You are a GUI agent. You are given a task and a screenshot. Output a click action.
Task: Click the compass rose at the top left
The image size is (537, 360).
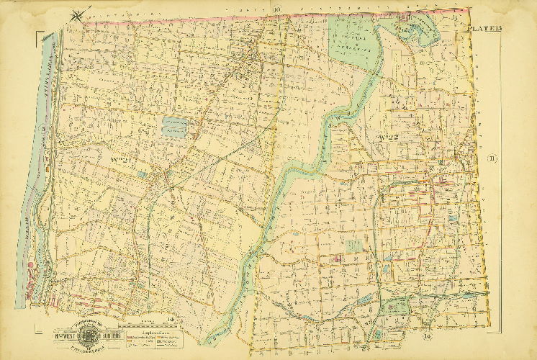81,12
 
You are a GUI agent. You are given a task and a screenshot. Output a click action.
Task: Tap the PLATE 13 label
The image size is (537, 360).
483,28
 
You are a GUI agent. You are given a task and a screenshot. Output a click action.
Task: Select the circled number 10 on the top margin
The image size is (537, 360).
276,9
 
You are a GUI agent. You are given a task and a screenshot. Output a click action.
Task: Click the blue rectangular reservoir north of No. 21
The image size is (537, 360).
174,127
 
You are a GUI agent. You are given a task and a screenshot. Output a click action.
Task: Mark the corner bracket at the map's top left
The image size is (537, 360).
38,33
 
